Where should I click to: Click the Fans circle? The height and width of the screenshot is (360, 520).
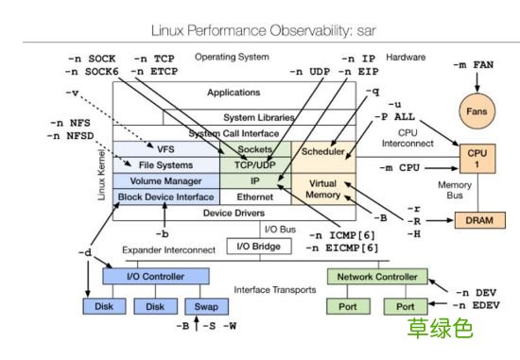click(477, 111)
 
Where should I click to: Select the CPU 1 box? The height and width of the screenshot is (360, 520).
click(477, 159)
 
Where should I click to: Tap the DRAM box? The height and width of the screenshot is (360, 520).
click(480, 219)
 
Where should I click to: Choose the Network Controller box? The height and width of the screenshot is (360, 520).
click(371, 276)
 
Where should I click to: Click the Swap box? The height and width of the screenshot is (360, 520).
click(206, 306)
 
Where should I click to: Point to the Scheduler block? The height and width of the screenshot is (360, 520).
click(322, 151)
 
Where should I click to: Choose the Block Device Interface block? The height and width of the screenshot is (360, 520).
click(165, 197)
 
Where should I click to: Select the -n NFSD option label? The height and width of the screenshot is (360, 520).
click(67, 136)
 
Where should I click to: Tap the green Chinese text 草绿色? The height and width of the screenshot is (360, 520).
click(439, 330)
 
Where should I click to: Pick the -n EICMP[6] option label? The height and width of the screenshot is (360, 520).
click(343, 248)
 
